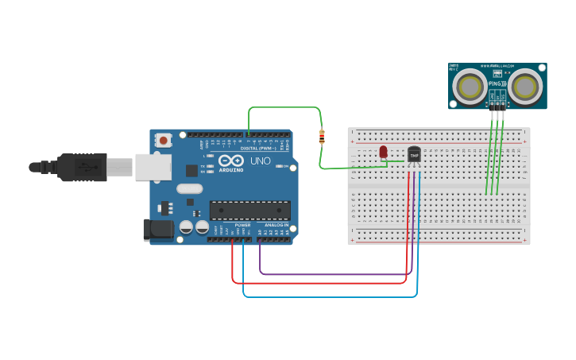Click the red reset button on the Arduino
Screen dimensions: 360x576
pyautogui.click(x=164, y=140)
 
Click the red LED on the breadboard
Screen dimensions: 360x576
pyautogui.click(x=383, y=151)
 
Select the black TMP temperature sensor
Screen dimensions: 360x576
pyautogui.click(x=414, y=154)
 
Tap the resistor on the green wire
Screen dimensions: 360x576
pyautogui.click(x=322, y=137)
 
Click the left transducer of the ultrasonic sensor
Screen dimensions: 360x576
pyautogui.click(x=470, y=86)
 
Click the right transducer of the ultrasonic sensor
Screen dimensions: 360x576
pyautogui.click(x=524, y=86)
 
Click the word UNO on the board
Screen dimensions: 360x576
pyautogui.click(x=261, y=161)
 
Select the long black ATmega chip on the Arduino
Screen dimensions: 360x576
pyautogui.click(x=249, y=211)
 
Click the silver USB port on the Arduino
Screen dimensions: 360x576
pyautogui.click(x=153, y=167)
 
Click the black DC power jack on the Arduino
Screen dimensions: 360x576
pyautogui.click(x=157, y=230)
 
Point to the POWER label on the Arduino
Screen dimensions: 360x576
pyautogui.click(x=242, y=225)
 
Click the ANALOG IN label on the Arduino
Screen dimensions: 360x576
pyautogui.click(x=276, y=225)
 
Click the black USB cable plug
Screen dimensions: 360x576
pyautogui.click(x=79, y=167)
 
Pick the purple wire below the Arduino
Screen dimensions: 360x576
pyautogui.click(x=334, y=274)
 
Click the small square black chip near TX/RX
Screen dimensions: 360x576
pyautogui.click(x=191, y=170)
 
